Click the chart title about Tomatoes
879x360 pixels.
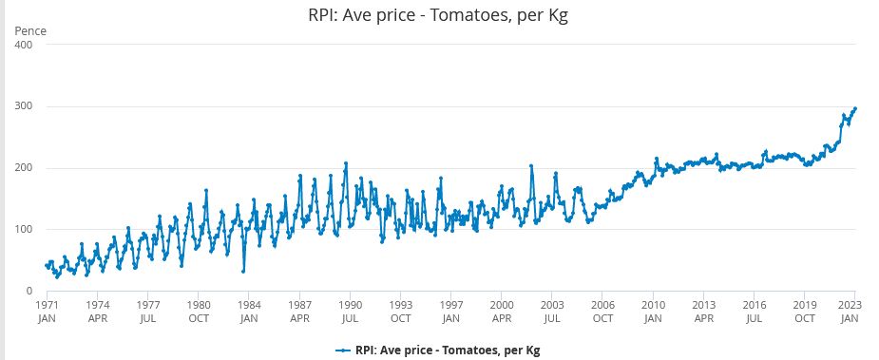tap(438, 15)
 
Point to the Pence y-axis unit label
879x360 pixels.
tap(30, 30)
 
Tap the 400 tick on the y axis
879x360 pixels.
tap(23, 45)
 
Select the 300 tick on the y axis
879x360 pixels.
tap(23, 106)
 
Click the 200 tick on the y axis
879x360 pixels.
tap(23, 168)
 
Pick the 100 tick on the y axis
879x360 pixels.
tap(23, 229)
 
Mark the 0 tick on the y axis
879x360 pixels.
tap(29, 291)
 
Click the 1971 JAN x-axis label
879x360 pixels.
tap(48, 312)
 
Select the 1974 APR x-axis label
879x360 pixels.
tap(98, 312)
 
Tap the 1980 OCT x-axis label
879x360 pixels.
tap(199, 312)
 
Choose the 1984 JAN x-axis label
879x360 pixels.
tap(249, 312)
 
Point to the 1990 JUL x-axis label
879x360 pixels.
tap(350, 312)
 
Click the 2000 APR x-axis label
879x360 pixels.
tap(502, 312)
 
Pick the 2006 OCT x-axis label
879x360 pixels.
tap(602, 312)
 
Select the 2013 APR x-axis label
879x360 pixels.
tap(703, 312)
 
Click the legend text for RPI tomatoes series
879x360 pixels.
tap(448, 350)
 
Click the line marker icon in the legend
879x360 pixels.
tap(343, 350)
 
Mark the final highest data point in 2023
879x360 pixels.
tap(854, 108)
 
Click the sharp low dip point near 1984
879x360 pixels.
tap(243, 271)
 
